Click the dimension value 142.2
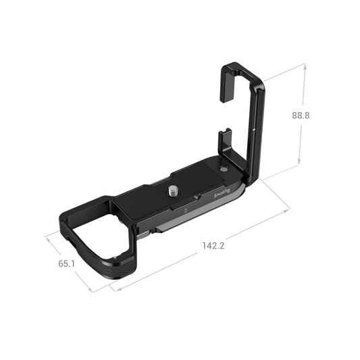coord(213,245)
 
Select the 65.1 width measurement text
coord(66,263)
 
